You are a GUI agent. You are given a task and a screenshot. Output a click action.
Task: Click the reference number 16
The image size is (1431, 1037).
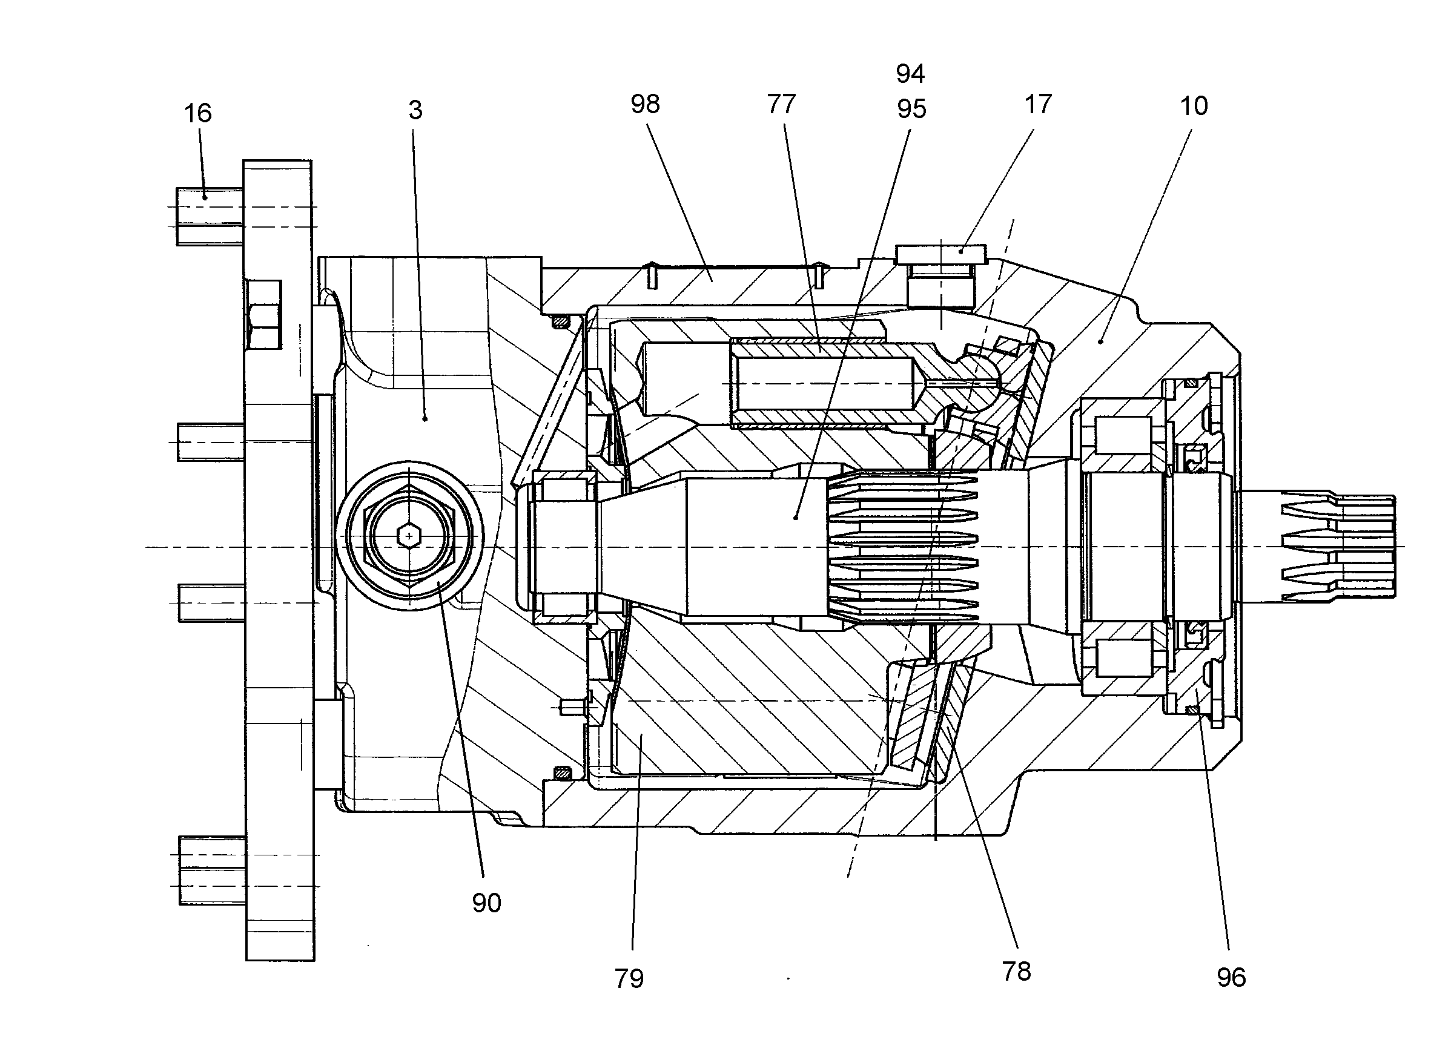coord(197,114)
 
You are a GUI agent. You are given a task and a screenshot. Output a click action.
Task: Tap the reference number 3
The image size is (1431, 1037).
coord(415,110)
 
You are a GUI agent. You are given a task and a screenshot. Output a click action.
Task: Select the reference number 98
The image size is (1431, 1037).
coord(645,104)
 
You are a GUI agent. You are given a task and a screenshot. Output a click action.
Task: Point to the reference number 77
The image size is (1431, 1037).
coord(781,104)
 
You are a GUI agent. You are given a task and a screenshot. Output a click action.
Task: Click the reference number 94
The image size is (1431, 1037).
coord(910,74)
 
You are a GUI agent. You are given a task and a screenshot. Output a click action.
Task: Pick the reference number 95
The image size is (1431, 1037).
coord(911,109)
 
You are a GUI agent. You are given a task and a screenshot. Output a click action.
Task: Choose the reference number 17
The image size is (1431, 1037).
coord(1038,104)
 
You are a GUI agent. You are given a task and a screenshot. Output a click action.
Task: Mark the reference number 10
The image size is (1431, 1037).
coord(1194,106)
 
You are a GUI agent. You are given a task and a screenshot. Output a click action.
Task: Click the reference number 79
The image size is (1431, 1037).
coord(629,978)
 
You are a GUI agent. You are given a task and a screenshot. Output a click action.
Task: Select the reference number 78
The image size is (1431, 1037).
coord(1016,972)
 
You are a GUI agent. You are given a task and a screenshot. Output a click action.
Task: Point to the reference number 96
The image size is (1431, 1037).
coord(1231,978)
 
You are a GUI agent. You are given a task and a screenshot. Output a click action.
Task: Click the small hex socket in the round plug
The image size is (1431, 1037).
coord(409,536)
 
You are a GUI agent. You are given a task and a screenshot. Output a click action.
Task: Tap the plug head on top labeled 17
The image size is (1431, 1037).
coord(940,254)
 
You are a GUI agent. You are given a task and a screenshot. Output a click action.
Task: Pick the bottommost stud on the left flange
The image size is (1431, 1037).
coord(212,871)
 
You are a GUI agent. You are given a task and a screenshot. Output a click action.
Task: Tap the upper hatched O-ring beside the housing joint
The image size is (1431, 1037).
coord(561,322)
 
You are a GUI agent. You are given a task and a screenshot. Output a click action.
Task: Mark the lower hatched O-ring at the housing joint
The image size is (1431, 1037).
coord(561,772)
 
